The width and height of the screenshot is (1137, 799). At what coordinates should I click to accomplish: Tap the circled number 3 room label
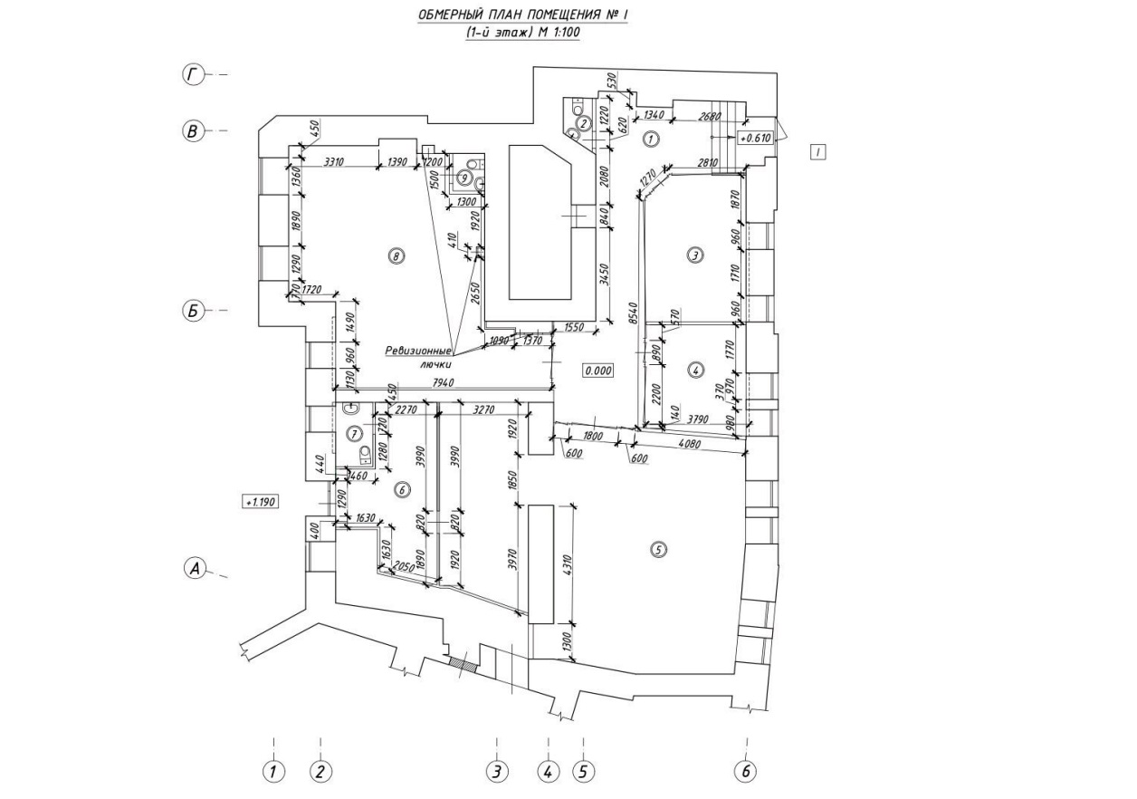point(694,255)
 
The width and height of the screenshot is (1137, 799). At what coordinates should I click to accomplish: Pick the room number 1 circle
point(649,139)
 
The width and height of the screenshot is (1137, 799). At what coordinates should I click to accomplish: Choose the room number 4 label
point(694,370)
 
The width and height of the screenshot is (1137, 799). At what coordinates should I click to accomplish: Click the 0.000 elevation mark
point(598,370)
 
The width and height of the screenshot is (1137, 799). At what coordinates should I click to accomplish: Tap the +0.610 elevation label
point(755,139)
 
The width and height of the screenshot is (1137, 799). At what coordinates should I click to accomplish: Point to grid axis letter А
point(193,568)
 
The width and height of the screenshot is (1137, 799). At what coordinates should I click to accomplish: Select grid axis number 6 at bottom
point(746,772)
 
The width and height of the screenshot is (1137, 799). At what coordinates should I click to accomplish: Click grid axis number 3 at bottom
point(496,772)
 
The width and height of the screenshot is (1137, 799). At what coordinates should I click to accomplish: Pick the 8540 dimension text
point(635,313)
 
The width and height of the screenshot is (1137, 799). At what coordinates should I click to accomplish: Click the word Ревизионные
point(417,350)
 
